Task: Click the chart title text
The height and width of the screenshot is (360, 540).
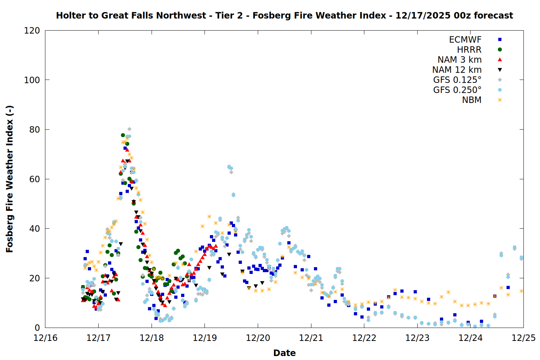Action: coord(284,15)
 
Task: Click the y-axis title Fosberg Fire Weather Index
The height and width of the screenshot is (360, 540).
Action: coord(10,179)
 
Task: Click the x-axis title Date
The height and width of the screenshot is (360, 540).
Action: coord(284,353)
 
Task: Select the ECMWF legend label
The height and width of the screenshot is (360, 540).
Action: coord(465,40)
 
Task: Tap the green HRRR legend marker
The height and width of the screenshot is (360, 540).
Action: coord(500,50)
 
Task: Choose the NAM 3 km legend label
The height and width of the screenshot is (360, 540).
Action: coord(459,60)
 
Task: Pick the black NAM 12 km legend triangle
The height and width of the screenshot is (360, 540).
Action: coord(500,70)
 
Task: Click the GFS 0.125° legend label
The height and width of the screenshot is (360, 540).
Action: coord(457,80)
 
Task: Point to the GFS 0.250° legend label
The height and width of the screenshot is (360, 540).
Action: coord(457,90)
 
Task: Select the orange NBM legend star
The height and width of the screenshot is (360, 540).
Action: coord(500,100)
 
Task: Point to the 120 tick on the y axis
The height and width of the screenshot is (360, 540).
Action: coord(32,31)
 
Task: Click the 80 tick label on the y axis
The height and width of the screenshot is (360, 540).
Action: coord(35,130)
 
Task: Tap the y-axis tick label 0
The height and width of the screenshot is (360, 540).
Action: coord(37,328)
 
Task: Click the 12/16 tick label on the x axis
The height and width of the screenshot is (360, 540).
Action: coord(45,338)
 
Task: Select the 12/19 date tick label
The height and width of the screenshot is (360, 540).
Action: coord(205,338)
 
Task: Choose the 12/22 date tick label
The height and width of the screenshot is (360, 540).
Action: coord(364,338)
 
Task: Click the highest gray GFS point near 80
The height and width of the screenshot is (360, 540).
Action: coord(129,129)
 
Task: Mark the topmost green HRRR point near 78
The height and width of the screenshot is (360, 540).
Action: coord(123,135)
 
